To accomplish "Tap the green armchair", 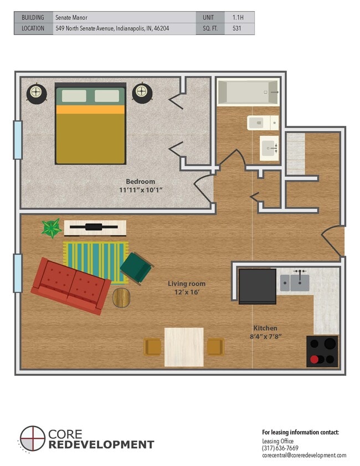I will point(136,268).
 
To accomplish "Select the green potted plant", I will point(51,228).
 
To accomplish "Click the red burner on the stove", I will point(315,359).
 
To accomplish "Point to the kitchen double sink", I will point(294,281).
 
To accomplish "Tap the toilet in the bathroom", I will point(262,122).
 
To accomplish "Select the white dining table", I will point(184,347).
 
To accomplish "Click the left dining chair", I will point(153,347).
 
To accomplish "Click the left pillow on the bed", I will point(74,96).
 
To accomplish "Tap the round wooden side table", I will point(122,298).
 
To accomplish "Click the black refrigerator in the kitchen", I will point(257,286).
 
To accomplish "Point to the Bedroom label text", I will point(140,181).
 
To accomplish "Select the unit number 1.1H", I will point(240,17).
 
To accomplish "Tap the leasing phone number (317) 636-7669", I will point(280,448).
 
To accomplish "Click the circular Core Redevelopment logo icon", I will point(33,439).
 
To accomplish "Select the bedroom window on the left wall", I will point(18,140).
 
